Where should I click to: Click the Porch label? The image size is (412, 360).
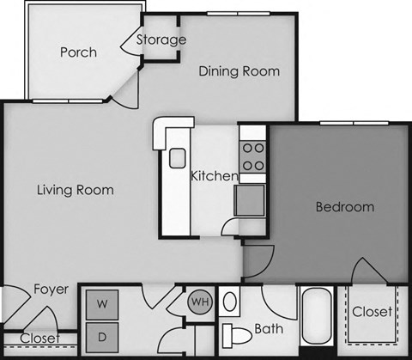tap(78, 52)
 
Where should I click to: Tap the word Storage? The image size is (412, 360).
tap(161, 40)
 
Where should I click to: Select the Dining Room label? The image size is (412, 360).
tap(239, 71)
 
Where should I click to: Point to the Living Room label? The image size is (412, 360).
tap(76, 190)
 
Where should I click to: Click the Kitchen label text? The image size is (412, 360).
tap(214, 176)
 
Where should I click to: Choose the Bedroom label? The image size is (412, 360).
tap(345, 207)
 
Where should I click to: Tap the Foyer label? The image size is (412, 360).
tap(51, 290)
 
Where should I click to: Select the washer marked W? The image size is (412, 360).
tap(101, 303)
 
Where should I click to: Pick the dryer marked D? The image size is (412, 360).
tap(101, 336)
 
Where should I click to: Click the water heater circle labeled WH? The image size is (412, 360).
tap(199, 302)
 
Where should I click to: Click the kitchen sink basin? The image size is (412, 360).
tap(178, 158)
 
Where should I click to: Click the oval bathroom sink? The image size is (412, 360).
tap(230, 302)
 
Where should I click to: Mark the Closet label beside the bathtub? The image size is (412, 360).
tap(372, 312)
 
